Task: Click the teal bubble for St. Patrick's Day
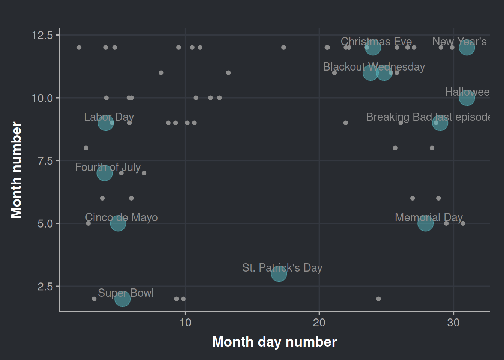pos(279,274)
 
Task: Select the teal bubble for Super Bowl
pos(122,299)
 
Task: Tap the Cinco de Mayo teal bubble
pos(118,223)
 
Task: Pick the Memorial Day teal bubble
pos(425,223)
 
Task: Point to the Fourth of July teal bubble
pos(104,173)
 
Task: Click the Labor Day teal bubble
pos(105,123)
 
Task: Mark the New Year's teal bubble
pos(467,48)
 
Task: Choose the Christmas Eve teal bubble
pos(373,48)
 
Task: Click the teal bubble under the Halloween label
pos(467,98)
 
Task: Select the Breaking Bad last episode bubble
pos(440,123)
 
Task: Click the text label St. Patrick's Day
pos(282,268)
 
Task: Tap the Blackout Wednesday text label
pos(374,67)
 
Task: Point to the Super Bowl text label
pos(126,293)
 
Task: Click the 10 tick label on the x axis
pos(185,322)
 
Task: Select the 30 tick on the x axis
pos(453,322)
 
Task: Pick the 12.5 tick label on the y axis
pos(42,35)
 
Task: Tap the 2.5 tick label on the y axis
pos(45,286)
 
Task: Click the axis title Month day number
pos(274,342)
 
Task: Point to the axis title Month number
pos(16,170)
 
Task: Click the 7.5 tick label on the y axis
pos(45,161)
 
